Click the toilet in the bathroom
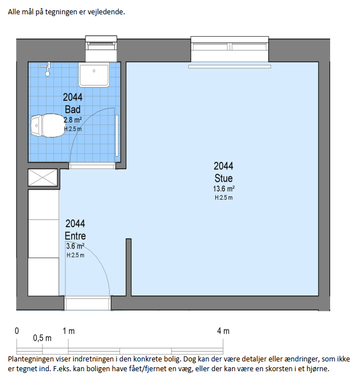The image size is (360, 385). pos(48,126)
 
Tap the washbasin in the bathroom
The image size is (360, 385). pos(94,75)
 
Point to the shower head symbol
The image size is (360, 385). pos(47,69)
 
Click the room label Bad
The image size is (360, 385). pos(73,109)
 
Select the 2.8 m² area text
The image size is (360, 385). pos(73,120)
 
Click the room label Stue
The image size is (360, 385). pos(223,178)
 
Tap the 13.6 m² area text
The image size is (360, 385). pos(223,189)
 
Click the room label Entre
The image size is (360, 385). pos(75,236)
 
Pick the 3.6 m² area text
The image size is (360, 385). pos(75,246)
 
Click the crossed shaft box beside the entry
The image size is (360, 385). pos(42,177)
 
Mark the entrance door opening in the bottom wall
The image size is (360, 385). pos(87,303)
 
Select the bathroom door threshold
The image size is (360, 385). pos(92,166)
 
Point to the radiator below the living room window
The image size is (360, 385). pos(230,67)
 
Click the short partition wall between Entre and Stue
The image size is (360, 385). pos(129,267)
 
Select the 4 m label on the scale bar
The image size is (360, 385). pos(223,331)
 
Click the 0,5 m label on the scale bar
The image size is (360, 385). pos(42,338)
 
